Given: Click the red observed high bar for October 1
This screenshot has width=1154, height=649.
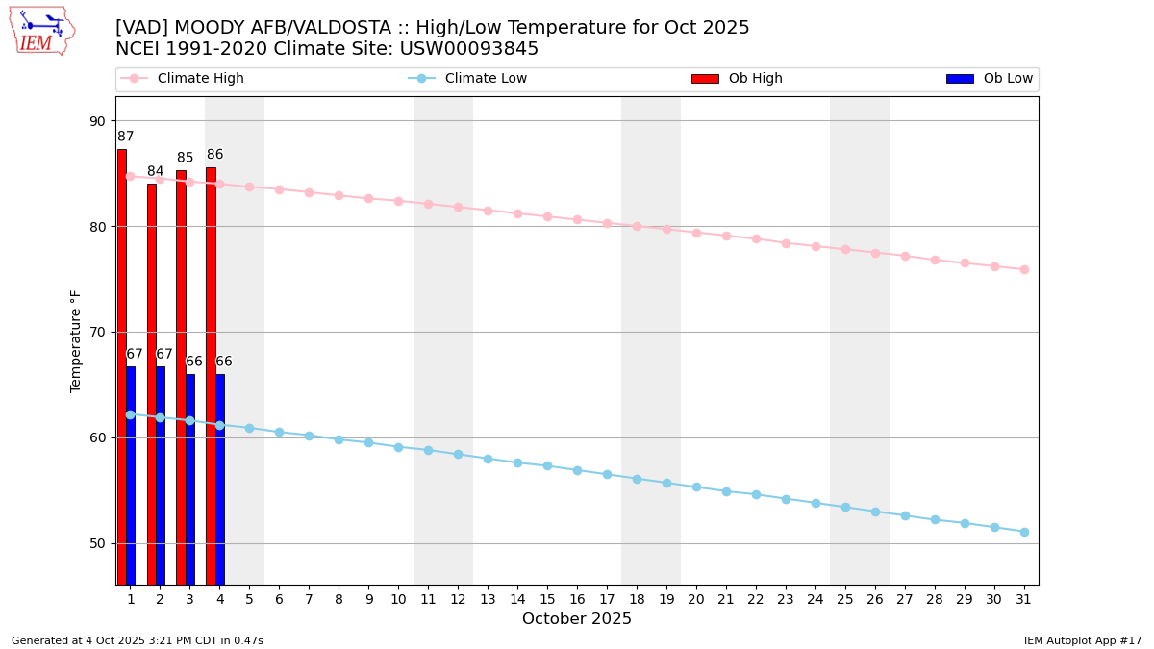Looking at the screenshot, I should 122,365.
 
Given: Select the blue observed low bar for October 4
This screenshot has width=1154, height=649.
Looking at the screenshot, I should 220,479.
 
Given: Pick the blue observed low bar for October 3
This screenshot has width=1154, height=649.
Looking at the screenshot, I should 190,479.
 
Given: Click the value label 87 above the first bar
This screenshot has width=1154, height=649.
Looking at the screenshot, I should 126,137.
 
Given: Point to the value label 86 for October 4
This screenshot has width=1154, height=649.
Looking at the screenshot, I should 214,155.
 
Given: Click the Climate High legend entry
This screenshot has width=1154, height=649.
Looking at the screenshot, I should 200,79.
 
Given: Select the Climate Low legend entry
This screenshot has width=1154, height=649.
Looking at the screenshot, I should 486,79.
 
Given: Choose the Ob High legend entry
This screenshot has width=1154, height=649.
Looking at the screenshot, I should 755,79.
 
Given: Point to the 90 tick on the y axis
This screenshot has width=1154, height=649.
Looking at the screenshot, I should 98,121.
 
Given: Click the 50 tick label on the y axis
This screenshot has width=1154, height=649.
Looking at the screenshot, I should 98,543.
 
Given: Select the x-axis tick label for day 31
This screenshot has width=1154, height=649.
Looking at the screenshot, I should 1024,599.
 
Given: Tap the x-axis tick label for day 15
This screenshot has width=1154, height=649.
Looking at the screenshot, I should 547,599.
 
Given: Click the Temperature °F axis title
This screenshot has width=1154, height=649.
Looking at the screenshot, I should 76,340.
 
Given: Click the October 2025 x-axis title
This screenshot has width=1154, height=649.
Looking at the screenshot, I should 577,619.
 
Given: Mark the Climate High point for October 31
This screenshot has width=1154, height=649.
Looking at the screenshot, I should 1024,269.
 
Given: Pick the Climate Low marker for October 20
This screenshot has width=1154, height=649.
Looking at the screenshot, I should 696,487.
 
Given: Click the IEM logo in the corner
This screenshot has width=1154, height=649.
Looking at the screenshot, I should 41,30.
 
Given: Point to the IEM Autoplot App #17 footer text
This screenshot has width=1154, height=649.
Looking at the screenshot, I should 1082,640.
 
